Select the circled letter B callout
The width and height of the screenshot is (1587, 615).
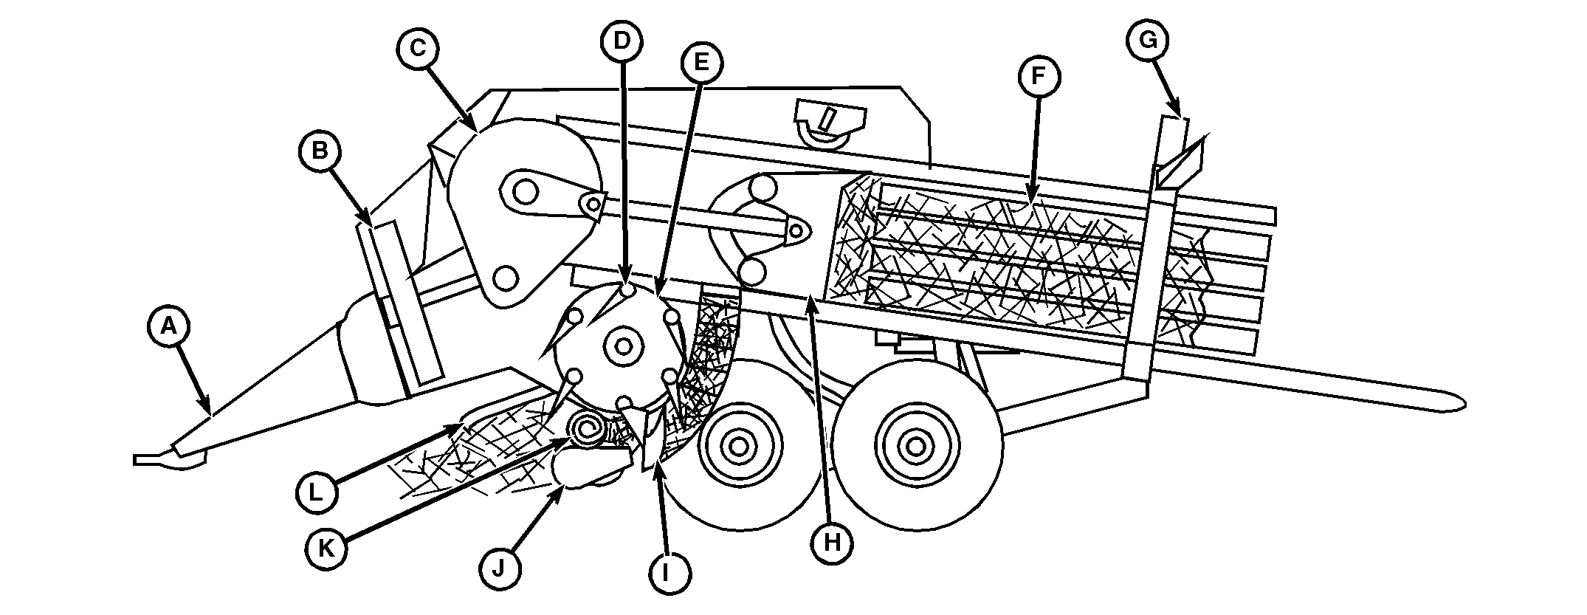[x=320, y=151]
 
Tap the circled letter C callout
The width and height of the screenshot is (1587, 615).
[x=419, y=49]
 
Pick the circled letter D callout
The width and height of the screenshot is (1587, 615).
[x=623, y=41]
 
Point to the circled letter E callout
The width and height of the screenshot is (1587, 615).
[x=700, y=63]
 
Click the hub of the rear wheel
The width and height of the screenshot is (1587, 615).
[x=916, y=446]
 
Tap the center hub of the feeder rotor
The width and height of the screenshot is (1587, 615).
[x=624, y=346]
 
